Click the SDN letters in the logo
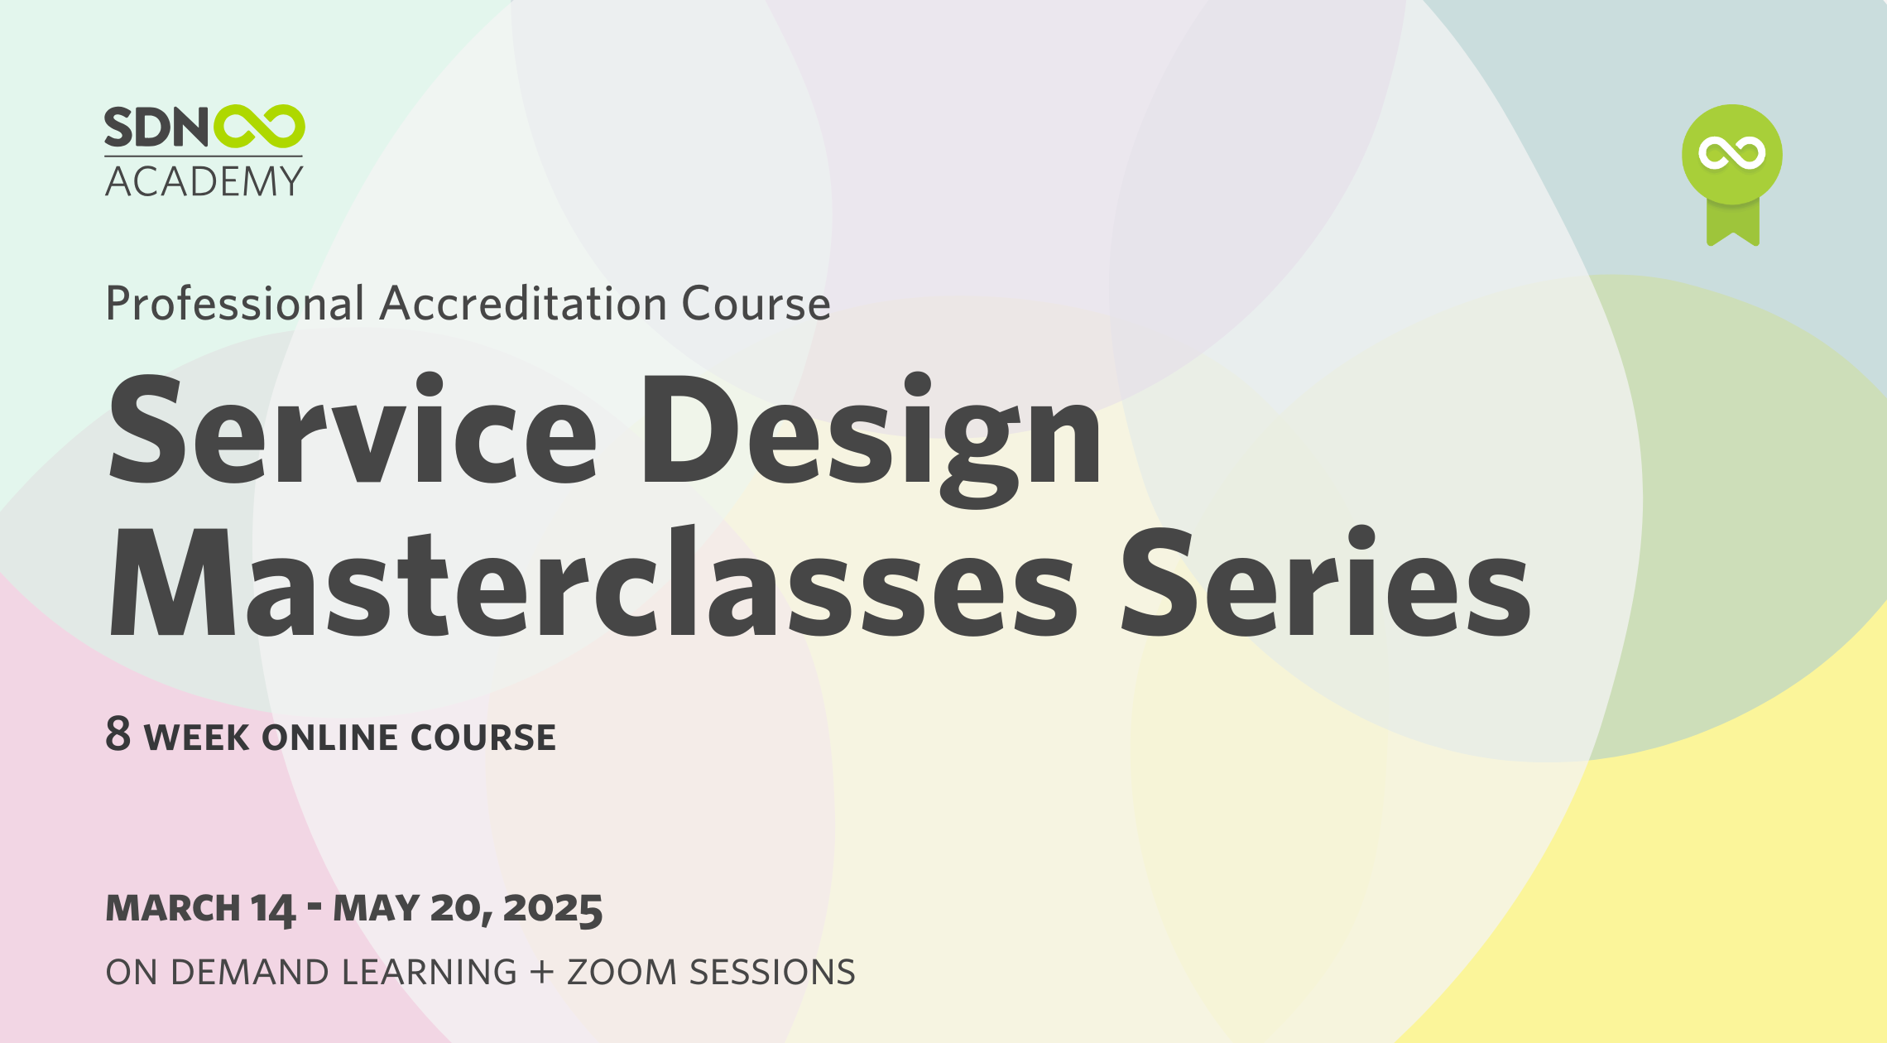tap(156, 128)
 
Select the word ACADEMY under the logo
tap(204, 181)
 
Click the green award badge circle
tap(1731, 154)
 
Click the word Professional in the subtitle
tap(235, 304)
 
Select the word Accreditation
tap(523, 304)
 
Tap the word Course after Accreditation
tap(756, 304)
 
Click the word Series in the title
tap(1324, 584)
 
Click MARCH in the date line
tap(173, 908)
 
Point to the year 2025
tap(552, 908)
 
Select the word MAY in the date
tap(377, 908)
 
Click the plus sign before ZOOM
tap(542, 972)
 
